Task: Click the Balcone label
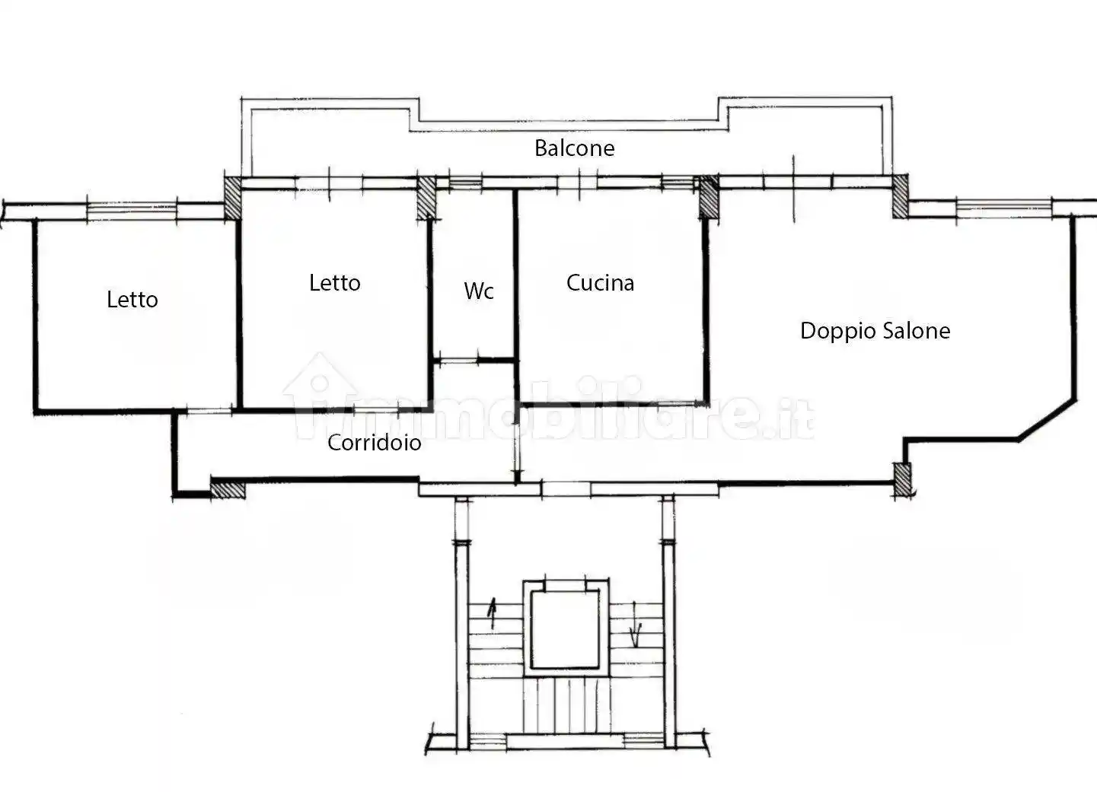(x=575, y=148)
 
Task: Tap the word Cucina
(x=600, y=283)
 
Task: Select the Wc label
(x=479, y=291)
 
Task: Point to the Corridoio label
(x=374, y=443)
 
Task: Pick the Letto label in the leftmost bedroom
(x=132, y=300)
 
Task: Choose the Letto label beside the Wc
(x=335, y=283)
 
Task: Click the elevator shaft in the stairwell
(x=566, y=628)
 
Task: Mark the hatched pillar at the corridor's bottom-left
(x=228, y=488)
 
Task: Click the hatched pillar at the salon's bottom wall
(x=903, y=480)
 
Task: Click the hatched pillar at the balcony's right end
(x=900, y=196)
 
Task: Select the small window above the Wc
(x=465, y=183)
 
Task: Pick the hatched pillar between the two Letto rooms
(x=232, y=198)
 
